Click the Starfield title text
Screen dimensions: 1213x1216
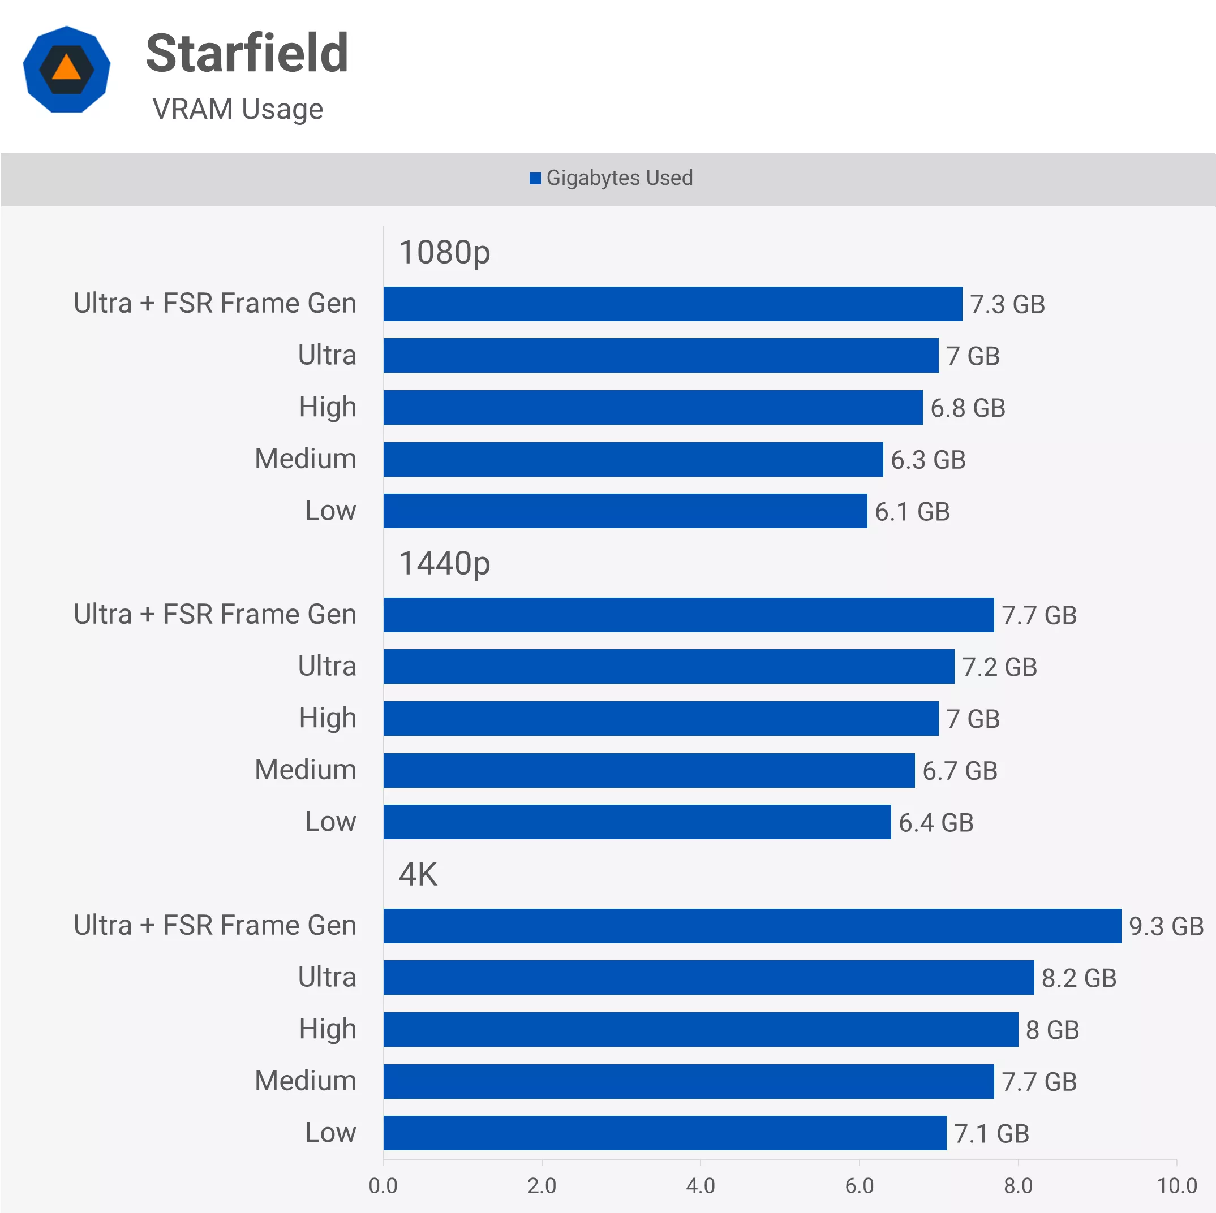247,54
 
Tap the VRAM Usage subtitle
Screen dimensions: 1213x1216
237,109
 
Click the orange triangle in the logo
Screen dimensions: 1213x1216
67,68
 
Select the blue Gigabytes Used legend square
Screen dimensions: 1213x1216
535,179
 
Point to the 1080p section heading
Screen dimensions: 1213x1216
444,252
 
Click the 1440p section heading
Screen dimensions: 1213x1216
444,563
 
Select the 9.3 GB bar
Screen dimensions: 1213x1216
751,926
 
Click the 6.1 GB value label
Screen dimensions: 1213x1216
912,512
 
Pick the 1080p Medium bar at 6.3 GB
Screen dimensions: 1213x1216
633,459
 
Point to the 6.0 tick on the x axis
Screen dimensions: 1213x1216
859,1185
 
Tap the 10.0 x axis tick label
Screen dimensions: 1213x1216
1176,1185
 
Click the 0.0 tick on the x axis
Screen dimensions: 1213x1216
383,1185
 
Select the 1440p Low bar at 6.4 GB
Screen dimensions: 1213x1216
637,822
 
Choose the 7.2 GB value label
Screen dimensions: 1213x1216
999,667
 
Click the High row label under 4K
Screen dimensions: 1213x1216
327,1029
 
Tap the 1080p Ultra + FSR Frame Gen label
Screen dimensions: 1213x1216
214,303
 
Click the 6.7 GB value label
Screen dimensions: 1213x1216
959,771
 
